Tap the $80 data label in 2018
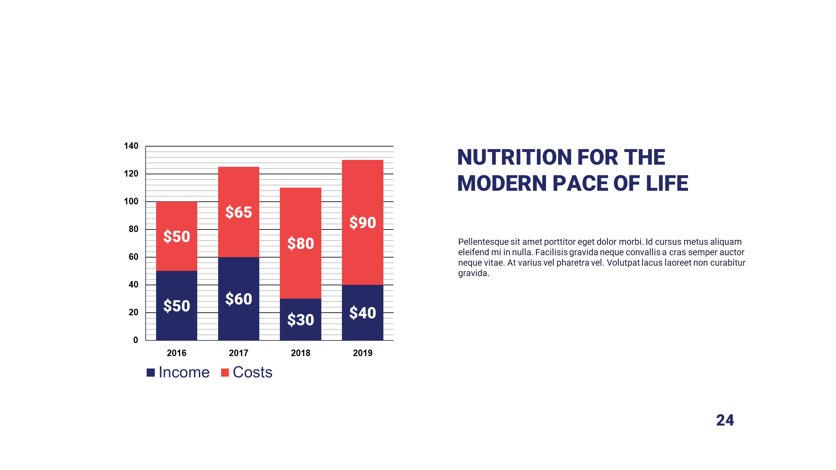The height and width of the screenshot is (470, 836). (300, 243)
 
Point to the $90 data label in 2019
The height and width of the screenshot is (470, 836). (362, 223)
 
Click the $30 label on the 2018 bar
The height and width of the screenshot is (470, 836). (300, 320)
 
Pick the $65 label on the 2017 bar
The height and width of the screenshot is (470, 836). (238, 212)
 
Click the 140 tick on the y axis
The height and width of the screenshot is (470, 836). (131, 146)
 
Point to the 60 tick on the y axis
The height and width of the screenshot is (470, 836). (133, 257)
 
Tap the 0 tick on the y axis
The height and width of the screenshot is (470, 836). (136, 340)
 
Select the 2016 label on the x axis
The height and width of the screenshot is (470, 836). (176, 353)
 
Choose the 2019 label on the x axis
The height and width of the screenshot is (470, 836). (362, 353)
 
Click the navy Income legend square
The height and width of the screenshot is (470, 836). (151, 372)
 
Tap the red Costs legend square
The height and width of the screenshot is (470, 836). (225, 372)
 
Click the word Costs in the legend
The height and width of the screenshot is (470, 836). (252, 372)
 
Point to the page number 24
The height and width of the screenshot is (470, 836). (725, 420)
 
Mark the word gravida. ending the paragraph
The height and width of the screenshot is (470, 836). (474, 273)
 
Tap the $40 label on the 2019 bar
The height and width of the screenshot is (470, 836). (362, 313)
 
